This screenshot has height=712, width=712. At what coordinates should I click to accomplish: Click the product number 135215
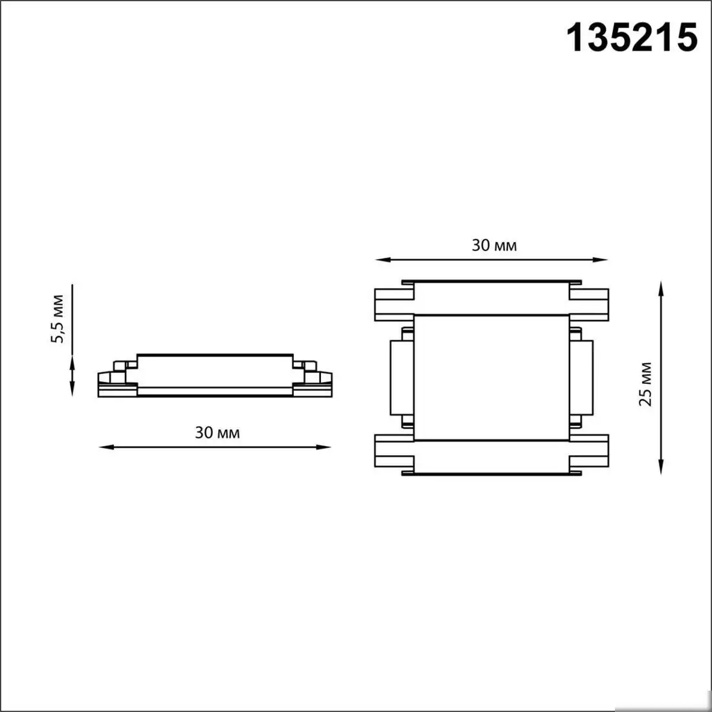(x=632, y=37)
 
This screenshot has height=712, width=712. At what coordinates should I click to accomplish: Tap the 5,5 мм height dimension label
(x=58, y=318)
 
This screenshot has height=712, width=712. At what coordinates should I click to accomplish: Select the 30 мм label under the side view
(x=217, y=432)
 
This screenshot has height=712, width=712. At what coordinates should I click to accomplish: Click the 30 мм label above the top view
(x=494, y=245)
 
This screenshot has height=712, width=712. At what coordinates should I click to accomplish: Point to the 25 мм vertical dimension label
(x=645, y=384)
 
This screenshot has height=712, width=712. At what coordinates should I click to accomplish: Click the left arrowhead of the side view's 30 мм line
(x=103, y=446)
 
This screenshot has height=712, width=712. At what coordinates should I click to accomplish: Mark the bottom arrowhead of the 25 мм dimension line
(x=661, y=470)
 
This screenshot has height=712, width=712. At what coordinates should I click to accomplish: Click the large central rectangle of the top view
(x=491, y=377)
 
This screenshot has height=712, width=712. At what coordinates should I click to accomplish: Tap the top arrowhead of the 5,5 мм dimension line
(x=72, y=358)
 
